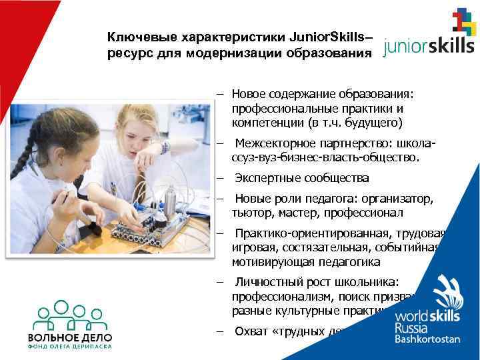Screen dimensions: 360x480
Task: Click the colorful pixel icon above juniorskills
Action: (464, 22)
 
